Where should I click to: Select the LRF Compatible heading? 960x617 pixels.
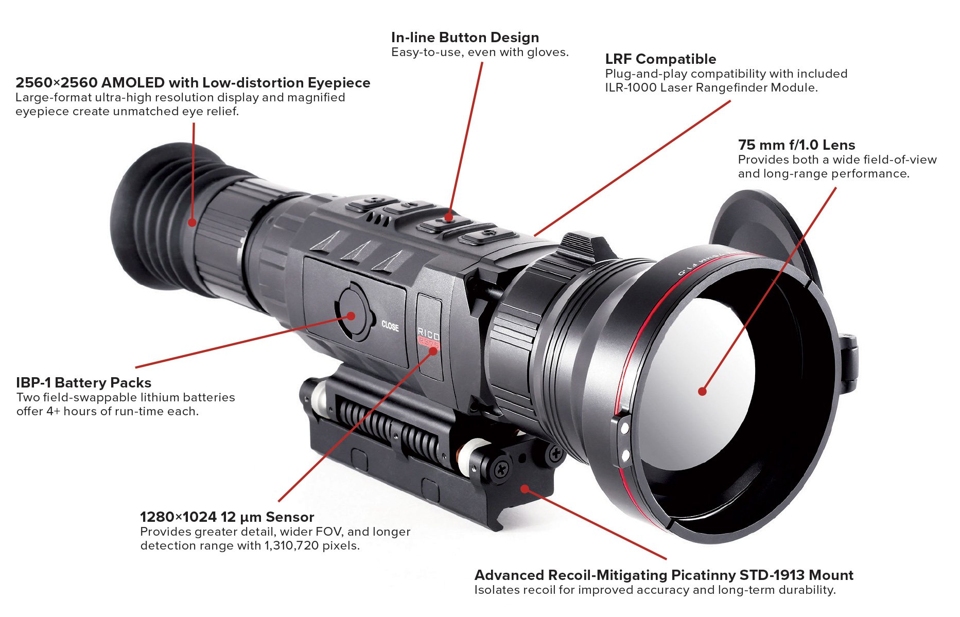[660, 59]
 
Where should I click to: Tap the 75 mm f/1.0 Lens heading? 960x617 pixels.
[796, 145]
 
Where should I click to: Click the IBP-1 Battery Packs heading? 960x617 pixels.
[83, 383]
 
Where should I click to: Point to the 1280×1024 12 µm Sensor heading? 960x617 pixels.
[227, 517]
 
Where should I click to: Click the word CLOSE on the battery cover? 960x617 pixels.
[390, 326]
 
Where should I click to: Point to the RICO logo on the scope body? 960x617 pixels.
[428, 333]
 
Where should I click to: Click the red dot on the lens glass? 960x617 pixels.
[702, 391]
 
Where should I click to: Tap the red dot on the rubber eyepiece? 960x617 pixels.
[192, 222]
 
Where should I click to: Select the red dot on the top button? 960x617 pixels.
[449, 217]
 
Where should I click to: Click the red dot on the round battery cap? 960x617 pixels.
[352, 315]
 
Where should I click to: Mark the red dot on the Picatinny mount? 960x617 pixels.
[524, 488]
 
